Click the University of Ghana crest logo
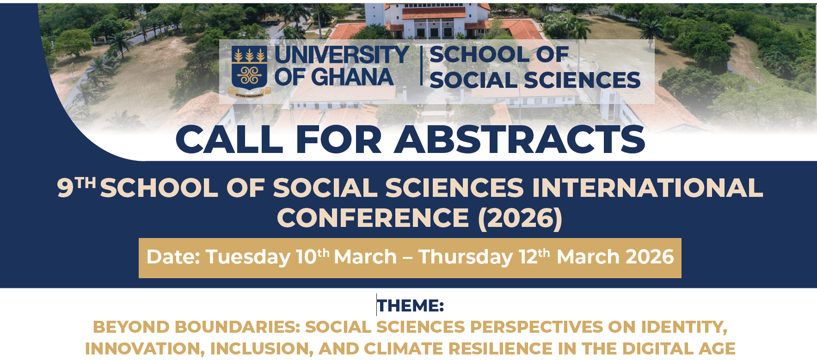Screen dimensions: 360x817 coord(249,71)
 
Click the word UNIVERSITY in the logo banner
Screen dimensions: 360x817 coord(341,55)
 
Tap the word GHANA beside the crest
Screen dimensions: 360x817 coord(352,77)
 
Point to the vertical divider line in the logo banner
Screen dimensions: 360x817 coord(421,66)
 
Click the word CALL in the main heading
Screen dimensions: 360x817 coord(229,140)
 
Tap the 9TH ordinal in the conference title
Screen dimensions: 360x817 coord(76,187)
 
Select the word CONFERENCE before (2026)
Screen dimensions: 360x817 coord(373,218)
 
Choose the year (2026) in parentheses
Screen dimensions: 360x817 coord(520,218)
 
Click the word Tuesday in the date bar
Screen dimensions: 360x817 coord(248,257)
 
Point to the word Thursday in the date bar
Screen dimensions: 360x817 coord(465,257)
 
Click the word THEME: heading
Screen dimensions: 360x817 coord(410,306)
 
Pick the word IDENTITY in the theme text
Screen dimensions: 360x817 coord(684,327)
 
